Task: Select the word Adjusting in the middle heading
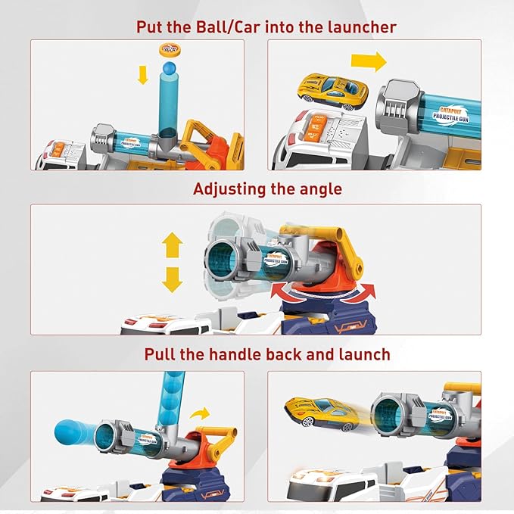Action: [230, 189]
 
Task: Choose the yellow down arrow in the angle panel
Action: [173, 279]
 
